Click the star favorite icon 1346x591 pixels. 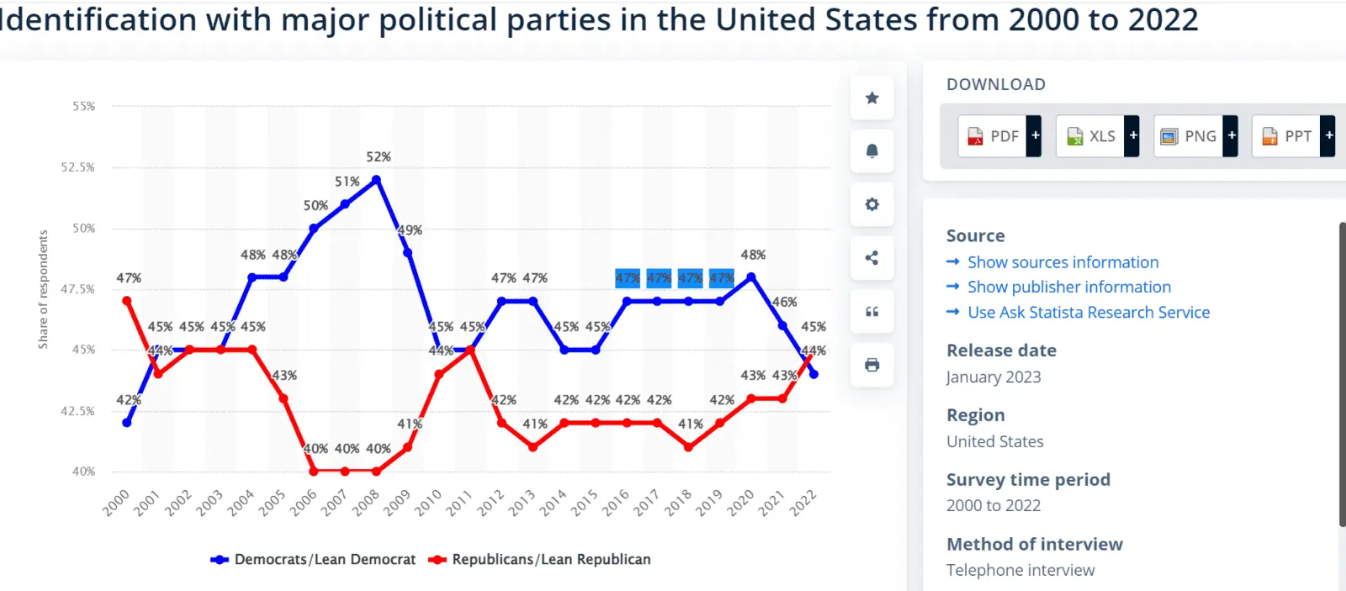(x=872, y=98)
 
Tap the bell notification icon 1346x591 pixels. (x=872, y=151)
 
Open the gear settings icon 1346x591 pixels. (x=872, y=204)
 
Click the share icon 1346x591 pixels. (x=872, y=258)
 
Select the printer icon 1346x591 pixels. (x=872, y=365)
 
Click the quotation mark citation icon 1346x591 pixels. (x=872, y=312)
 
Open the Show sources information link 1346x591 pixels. (x=1062, y=262)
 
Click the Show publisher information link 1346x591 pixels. (x=1068, y=288)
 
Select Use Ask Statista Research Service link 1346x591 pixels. (x=1088, y=313)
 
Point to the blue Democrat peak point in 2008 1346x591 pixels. (x=376, y=180)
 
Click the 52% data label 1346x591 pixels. (x=379, y=157)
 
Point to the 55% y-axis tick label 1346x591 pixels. (x=83, y=107)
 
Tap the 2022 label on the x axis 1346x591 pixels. (x=803, y=503)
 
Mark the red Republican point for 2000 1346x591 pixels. (x=127, y=301)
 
